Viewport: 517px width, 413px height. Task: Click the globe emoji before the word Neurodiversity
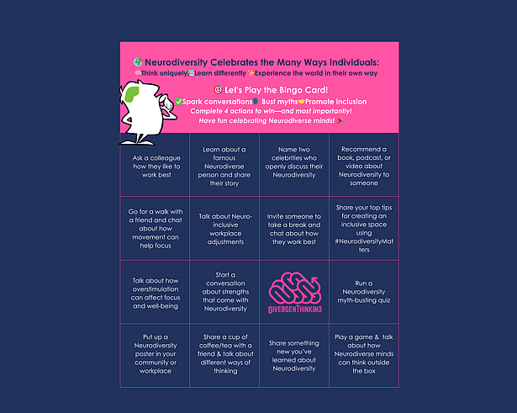[138, 62]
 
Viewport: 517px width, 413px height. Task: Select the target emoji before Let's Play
[218, 89]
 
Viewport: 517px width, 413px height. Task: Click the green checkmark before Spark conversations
[178, 101]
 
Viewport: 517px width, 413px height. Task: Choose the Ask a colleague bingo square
[155, 163]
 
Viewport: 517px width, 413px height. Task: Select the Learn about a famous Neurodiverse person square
[224, 166]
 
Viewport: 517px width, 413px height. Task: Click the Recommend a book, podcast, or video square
[364, 166]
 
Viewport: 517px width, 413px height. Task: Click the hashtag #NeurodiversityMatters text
[364, 245]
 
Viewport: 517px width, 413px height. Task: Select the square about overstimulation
[155, 292]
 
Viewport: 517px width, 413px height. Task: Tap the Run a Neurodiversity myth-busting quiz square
[364, 292]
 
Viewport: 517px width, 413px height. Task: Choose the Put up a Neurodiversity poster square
[155, 356]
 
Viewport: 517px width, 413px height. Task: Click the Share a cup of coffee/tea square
[224, 356]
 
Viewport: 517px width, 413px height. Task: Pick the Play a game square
[364, 356]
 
